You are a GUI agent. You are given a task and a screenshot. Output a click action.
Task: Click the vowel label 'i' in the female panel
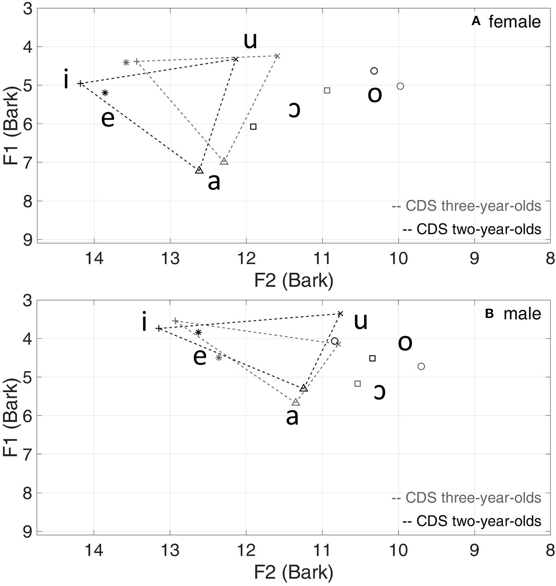point(66,80)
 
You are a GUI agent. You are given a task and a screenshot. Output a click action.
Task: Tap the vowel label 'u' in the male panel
point(361,321)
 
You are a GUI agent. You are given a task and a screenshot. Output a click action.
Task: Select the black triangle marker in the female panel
point(199,170)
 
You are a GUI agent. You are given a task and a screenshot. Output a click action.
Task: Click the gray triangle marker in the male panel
point(296,402)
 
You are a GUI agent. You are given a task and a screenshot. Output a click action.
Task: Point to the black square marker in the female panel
point(253,127)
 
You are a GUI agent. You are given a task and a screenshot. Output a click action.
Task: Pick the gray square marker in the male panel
point(357,384)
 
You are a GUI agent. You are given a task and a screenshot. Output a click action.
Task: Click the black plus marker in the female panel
point(80,83)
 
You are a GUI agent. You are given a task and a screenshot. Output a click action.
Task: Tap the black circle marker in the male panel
point(335,341)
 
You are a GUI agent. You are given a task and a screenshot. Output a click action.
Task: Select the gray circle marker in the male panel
point(421,366)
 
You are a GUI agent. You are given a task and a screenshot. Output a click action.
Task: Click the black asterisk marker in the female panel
point(105,93)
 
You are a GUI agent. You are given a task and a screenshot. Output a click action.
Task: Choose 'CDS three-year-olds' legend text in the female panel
point(473,206)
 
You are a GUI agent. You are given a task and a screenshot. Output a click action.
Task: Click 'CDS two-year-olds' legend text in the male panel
point(478,521)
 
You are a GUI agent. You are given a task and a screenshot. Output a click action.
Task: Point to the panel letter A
point(476,22)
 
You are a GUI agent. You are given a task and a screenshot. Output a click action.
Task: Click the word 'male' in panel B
point(522,314)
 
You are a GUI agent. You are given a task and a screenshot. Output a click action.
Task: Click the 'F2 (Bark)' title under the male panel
point(293,573)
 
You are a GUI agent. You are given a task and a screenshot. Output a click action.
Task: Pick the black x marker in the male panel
point(341,314)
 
